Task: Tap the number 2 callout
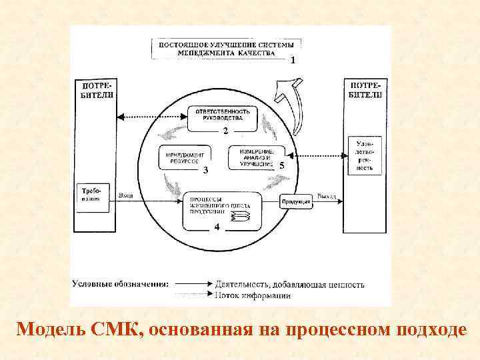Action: (225, 130)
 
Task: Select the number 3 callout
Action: (205, 171)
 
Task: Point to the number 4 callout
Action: (216, 228)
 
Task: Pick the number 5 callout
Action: (283, 165)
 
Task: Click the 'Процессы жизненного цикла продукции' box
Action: (219, 207)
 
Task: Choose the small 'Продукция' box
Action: (296, 201)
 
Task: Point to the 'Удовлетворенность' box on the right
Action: (364, 156)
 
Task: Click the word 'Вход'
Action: (125, 195)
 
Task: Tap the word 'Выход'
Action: (327, 197)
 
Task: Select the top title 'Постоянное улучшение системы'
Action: (225, 45)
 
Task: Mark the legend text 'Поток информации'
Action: (253, 295)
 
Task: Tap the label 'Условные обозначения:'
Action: (120, 284)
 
